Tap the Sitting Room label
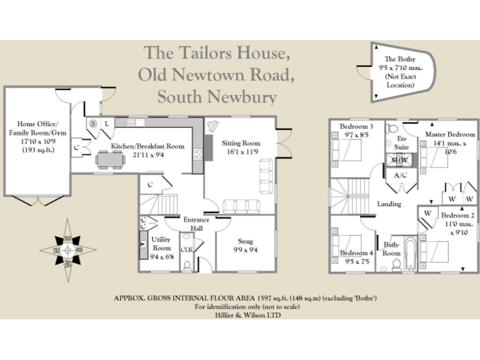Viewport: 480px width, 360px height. click(241, 147)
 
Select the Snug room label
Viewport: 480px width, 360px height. click(245, 245)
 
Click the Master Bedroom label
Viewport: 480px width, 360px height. click(449, 138)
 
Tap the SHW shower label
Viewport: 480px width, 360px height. click(398, 159)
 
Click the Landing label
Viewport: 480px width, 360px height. click(389, 204)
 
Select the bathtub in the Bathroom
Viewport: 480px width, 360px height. click(410, 253)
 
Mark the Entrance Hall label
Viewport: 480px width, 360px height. click(196, 224)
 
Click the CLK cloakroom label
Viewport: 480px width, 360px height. click(186, 249)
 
